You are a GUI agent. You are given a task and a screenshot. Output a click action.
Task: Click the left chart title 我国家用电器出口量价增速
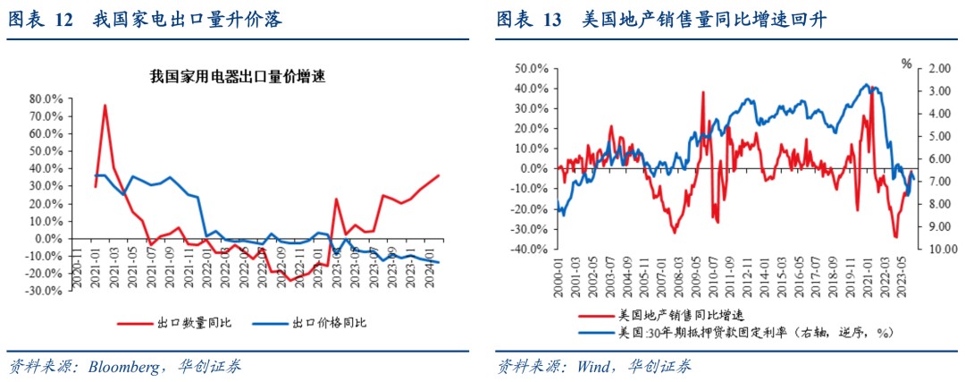coord(237,78)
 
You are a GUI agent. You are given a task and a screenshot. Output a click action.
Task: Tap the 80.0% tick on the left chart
coord(46,98)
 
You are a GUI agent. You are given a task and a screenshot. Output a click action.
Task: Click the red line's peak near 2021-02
coord(105,106)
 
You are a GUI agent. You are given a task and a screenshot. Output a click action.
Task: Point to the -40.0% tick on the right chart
coord(530,250)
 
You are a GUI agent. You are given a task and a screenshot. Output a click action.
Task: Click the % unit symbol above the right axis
coord(906,64)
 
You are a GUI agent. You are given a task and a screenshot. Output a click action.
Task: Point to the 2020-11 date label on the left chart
coord(76,266)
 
